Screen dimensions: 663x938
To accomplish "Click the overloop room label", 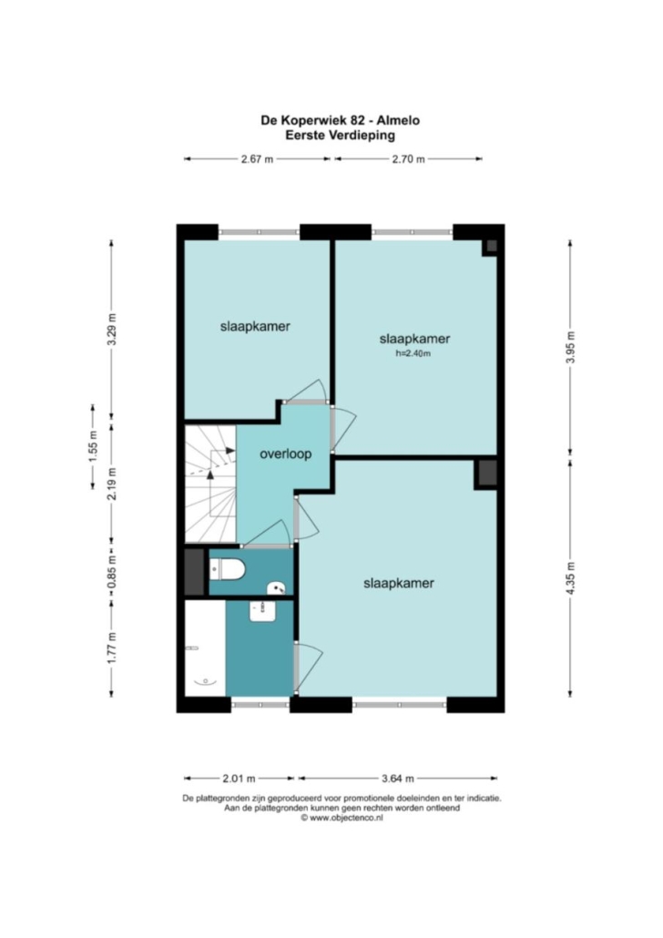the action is point(285,454).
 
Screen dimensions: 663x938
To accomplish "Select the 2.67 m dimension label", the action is point(258,159).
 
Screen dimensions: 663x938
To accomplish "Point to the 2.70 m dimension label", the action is point(409,159).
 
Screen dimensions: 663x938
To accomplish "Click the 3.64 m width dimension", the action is point(398,779).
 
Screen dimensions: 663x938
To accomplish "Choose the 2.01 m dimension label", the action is point(239,779).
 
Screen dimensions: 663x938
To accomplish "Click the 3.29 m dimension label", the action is point(111,330).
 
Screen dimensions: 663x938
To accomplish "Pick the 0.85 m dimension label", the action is point(111,573).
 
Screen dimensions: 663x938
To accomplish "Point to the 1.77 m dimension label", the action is point(111,647).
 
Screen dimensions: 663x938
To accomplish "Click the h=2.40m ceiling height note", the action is point(413,353).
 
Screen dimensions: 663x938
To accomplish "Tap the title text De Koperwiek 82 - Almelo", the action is point(340,120).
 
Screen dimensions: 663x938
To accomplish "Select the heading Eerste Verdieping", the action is point(340,135).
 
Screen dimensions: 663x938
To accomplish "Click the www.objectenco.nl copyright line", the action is point(342,818).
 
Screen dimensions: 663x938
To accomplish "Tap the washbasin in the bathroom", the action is point(262,611).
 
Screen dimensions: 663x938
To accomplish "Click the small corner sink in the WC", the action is point(277,588).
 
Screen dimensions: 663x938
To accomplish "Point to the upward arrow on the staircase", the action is point(210,474).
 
